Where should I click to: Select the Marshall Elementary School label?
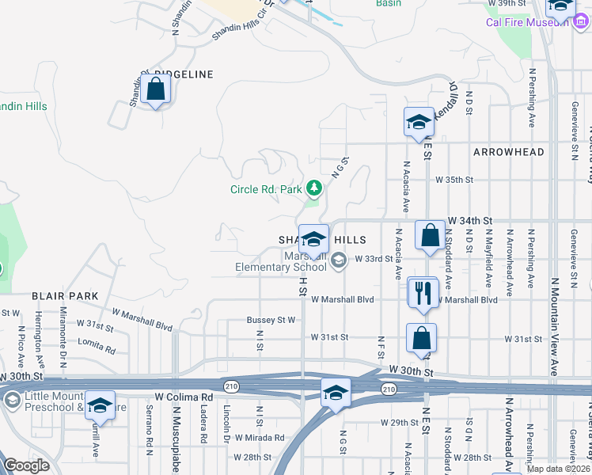[281, 261]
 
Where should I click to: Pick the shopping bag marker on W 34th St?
[430, 236]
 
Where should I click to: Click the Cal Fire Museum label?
[527, 21]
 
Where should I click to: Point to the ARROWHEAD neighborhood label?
[508, 151]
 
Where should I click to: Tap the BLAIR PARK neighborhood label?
[65, 296]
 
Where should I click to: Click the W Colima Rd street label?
[184, 397]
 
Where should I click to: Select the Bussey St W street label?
[271, 320]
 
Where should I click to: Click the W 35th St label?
[454, 180]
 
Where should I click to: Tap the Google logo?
[27, 465]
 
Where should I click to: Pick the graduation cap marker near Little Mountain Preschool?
[100, 405]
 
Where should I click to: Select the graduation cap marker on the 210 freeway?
[336, 393]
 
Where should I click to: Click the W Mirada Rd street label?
[258, 438]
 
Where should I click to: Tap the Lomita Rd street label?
[97, 345]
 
